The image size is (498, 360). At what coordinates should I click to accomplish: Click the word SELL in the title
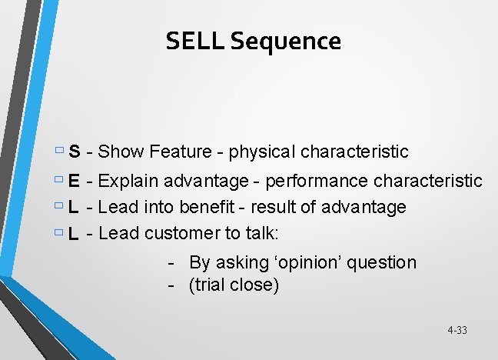194,41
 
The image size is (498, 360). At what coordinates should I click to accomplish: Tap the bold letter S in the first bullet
75,152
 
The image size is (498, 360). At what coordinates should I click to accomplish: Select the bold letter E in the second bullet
75,182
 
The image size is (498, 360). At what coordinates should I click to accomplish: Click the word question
382,263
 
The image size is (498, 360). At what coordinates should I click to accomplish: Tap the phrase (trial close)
234,285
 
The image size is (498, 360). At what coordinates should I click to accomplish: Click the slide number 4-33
456,331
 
